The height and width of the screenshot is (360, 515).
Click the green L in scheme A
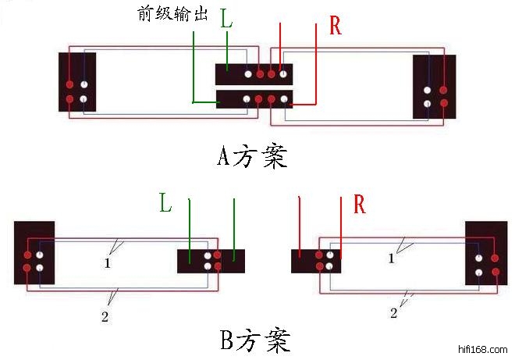pyautogui.click(x=226, y=20)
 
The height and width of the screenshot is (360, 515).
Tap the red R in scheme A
pyautogui.click(x=336, y=26)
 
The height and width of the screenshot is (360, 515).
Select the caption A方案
pyautogui.click(x=252, y=157)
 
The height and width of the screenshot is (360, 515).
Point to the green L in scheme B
pyautogui.click(x=165, y=205)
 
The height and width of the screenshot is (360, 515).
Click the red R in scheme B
pyautogui.click(x=360, y=205)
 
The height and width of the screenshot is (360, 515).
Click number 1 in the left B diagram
pyautogui.click(x=106, y=264)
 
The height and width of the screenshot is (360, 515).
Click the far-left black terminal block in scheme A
pyautogui.click(x=76, y=81)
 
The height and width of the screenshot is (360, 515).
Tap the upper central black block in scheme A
pyautogui.click(x=254, y=74)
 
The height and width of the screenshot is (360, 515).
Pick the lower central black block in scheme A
pyautogui.click(x=254, y=99)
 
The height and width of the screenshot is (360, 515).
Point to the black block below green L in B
pyautogui.click(x=211, y=261)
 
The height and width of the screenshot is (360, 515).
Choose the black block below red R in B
pyautogui.click(x=316, y=261)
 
